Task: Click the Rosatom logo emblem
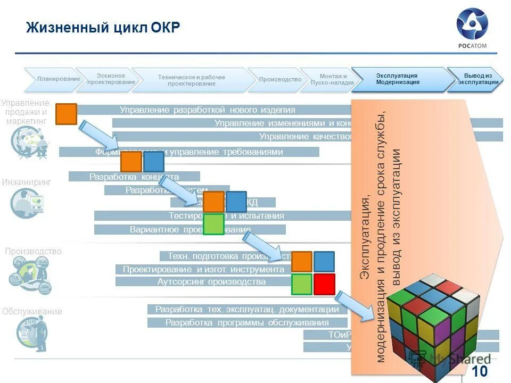pyautogui.click(x=471, y=24)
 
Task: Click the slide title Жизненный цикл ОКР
pyautogui.click(x=103, y=27)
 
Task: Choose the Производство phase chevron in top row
pyautogui.click(x=279, y=80)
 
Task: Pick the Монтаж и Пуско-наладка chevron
pyautogui.click(x=332, y=79)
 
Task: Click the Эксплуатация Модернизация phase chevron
pyautogui.click(x=400, y=79)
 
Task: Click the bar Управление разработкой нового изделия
pyautogui.click(x=208, y=110)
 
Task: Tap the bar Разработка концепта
pyautogui.click(x=134, y=177)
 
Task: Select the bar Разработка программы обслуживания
pyautogui.click(x=247, y=322)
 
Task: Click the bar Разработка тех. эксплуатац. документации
pyautogui.click(x=247, y=309)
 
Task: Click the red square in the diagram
pyautogui.click(x=324, y=284)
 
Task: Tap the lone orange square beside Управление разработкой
pyautogui.click(x=67, y=114)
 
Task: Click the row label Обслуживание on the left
pyautogui.click(x=32, y=312)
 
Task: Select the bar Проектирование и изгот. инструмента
pyautogui.click(x=203, y=269)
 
